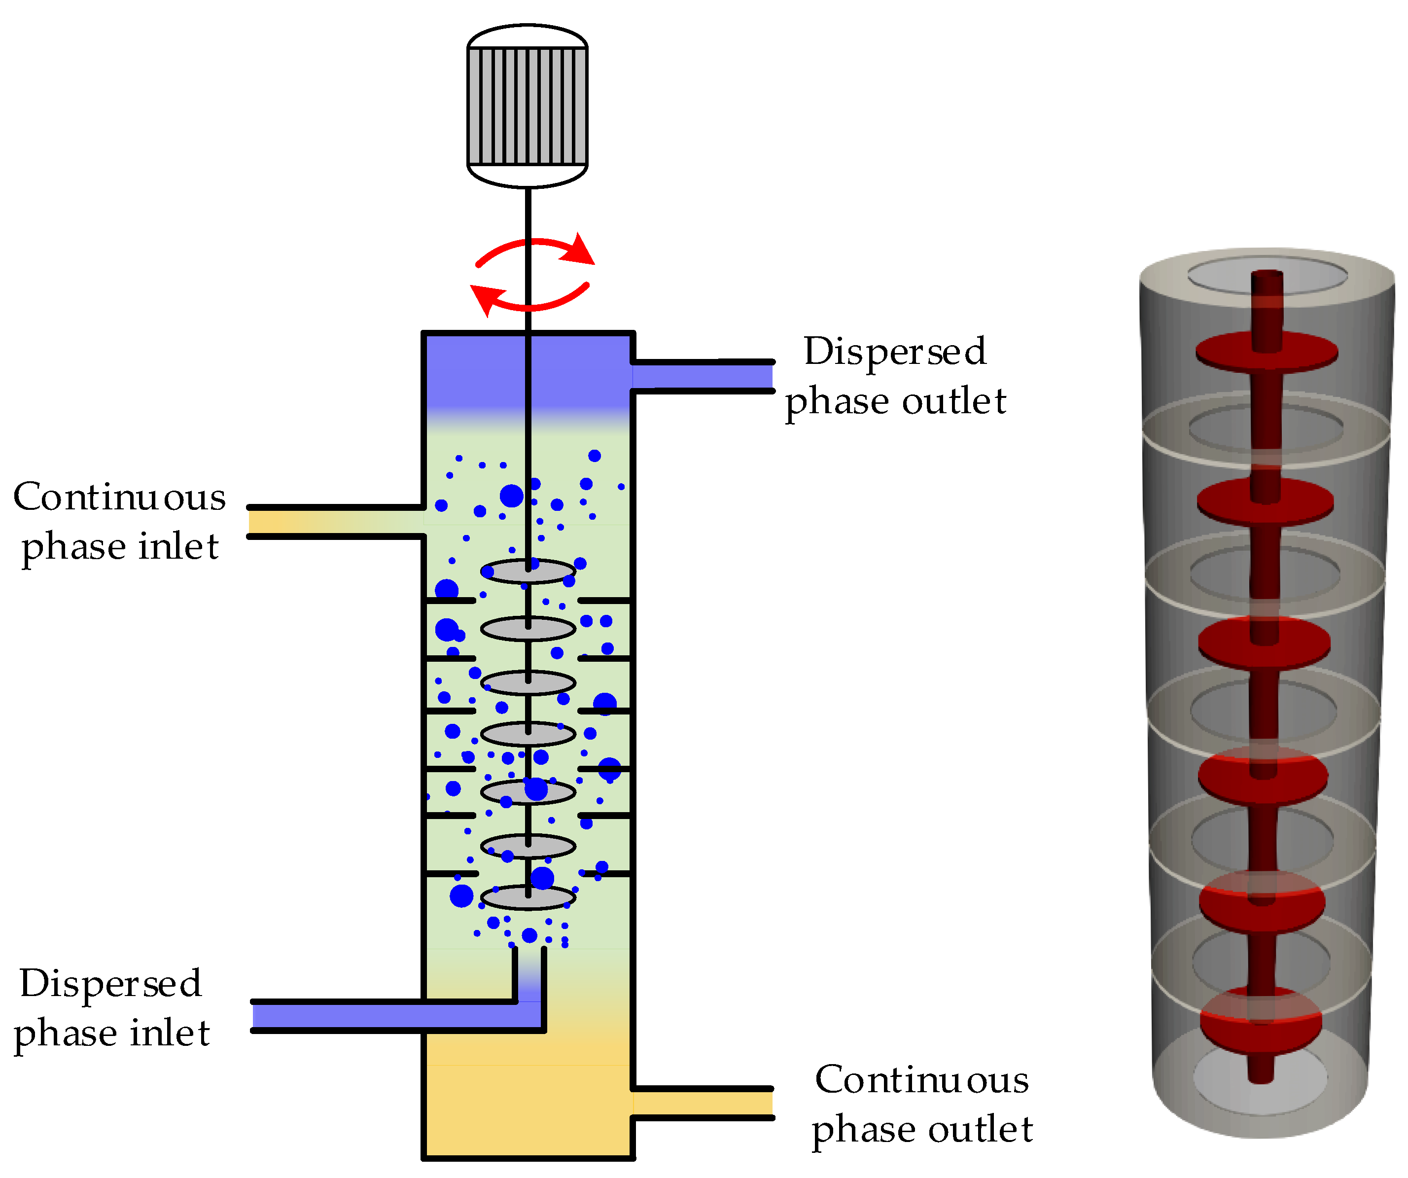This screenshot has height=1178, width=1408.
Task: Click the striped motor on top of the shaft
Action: [527, 106]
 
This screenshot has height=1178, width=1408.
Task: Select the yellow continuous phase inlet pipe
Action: [335, 522]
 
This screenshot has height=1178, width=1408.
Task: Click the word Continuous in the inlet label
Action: [119, 497]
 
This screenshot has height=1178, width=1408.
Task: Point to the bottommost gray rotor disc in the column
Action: [528, 897]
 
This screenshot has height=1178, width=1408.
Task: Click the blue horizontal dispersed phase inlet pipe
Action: [389, 1016]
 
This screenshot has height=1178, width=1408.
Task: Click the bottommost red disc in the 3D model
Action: [1261, 1020]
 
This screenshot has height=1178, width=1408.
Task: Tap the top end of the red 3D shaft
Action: [1267, 275]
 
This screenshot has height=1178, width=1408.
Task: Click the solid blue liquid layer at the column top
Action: [528, 372]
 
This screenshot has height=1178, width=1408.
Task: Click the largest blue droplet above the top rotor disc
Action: [512, 496]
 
